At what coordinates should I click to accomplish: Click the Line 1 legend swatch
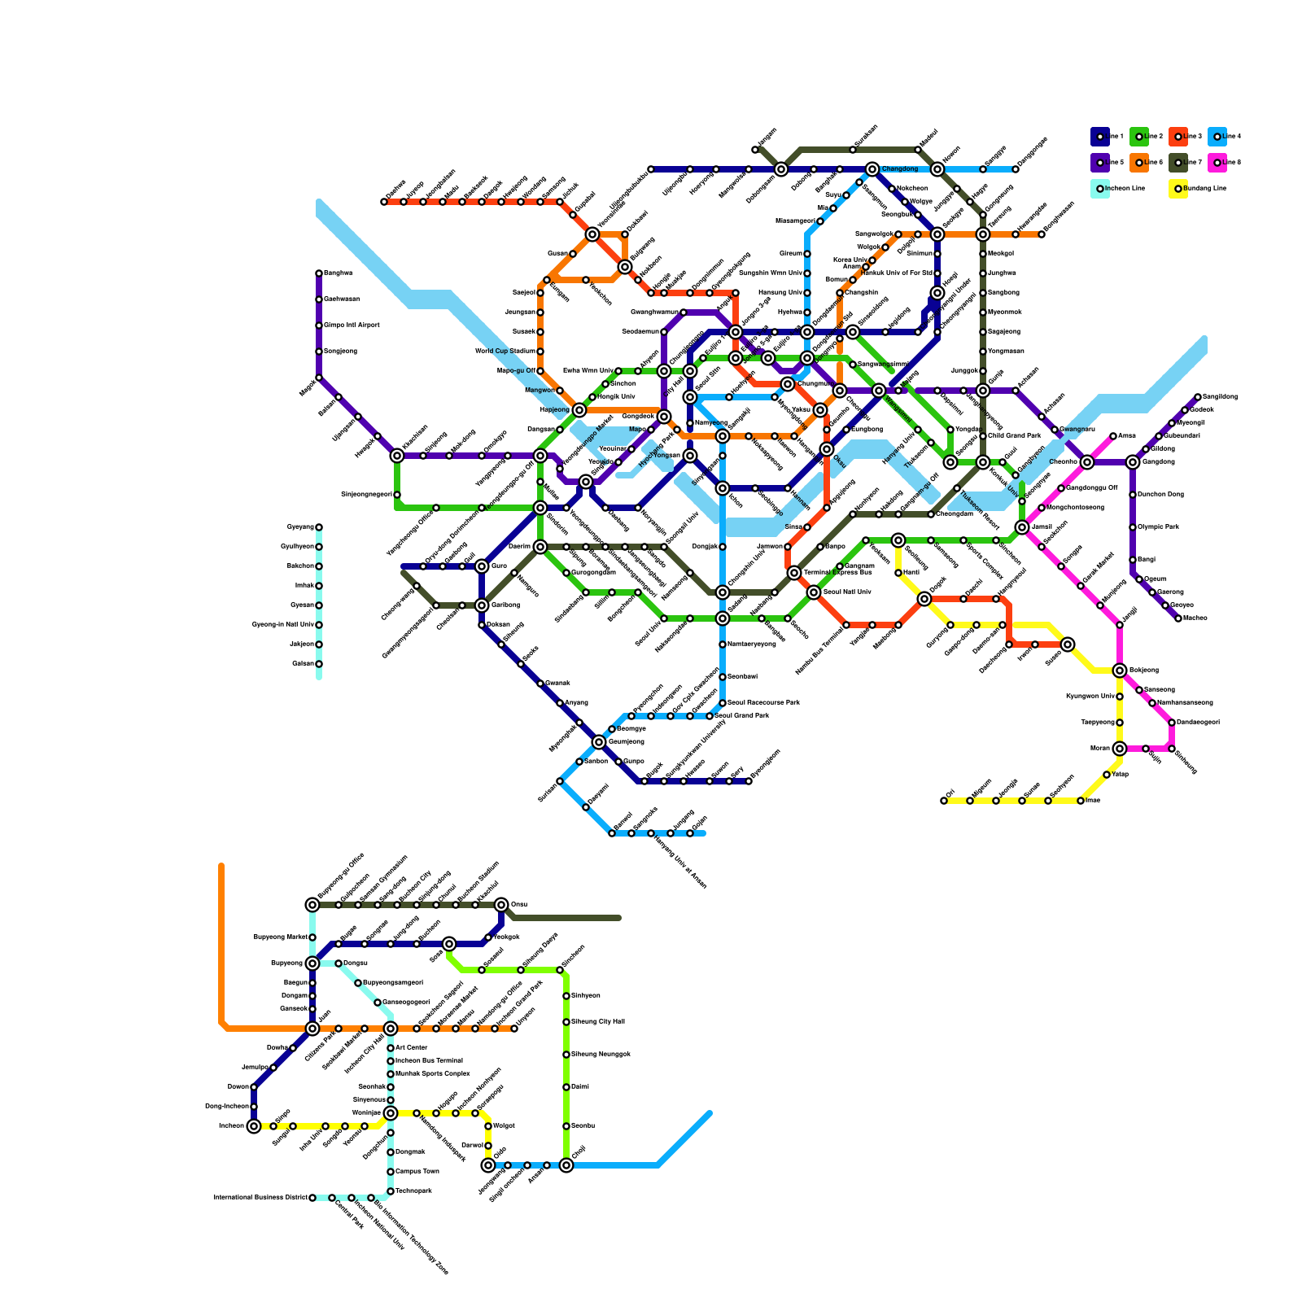1099,137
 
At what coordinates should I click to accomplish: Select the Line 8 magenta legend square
1217,163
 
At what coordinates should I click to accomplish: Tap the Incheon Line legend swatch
1099,189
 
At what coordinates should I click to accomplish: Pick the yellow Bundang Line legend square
1177,189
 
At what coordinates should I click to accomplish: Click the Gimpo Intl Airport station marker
319,325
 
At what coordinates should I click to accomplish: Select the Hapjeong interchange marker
579,410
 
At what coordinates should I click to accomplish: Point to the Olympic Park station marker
1133,527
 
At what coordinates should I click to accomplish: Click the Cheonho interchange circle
1087,462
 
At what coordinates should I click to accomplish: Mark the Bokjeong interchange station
1120,671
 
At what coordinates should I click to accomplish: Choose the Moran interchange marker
1120,749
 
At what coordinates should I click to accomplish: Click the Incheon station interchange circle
254,1126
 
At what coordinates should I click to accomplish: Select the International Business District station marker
312,1198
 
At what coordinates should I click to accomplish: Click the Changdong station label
900,169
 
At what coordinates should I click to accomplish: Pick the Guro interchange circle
482,566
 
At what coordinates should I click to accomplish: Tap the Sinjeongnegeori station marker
397,495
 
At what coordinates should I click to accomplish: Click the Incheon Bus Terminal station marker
391,1061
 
